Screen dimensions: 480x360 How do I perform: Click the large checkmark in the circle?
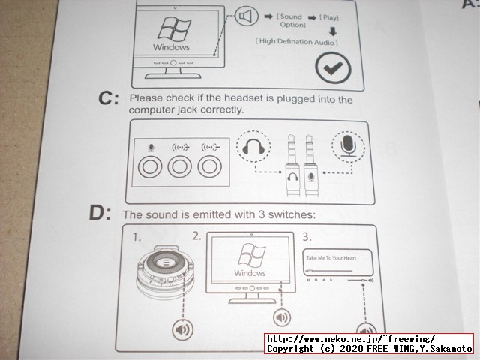333,68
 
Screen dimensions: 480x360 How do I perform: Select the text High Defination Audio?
297,41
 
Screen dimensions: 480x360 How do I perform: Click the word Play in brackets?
329,17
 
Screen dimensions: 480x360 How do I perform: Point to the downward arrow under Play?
333,31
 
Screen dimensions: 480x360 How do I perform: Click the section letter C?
108,98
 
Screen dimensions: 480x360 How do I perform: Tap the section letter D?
100,213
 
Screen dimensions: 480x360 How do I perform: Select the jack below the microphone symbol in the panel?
150,167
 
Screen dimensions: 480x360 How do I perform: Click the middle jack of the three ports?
180,167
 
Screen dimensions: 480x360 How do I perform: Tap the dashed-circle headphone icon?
253,146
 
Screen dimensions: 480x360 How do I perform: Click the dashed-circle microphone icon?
348,146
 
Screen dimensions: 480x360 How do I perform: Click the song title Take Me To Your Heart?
331,258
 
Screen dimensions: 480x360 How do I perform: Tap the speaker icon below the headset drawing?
183,329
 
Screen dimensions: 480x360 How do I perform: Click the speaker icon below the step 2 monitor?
282,317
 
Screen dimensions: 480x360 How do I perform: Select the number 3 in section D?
307,237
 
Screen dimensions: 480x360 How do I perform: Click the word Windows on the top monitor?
171,47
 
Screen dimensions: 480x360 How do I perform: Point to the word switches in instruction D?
292,214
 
